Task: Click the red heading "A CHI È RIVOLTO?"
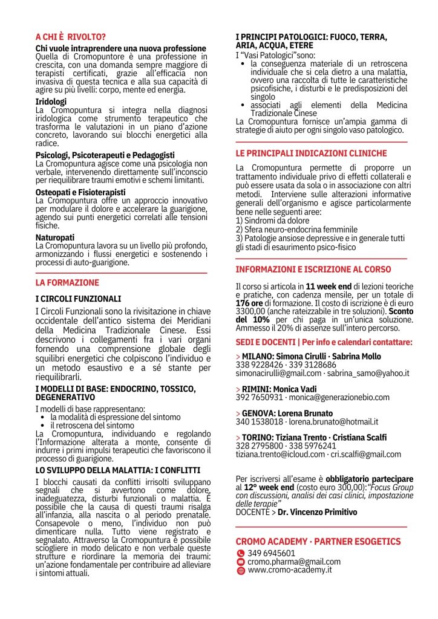[x=71, y=36]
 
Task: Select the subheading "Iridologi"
[x=51, y=102]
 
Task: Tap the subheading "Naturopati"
[x=55, y=238]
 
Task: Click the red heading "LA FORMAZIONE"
[x=67, y=282]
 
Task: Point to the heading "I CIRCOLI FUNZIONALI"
[x=79, y=299]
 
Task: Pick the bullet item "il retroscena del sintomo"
[x=93, y=426]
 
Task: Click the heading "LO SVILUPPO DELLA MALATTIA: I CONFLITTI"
[x=117, y=468]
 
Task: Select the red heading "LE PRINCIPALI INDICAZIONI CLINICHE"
[x=311, y=154]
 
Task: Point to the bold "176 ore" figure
[x=250, y=303]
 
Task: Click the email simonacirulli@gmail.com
[x=278, y=374]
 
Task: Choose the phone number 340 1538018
[x=261, y=421]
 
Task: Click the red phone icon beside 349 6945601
[x=241, y=553]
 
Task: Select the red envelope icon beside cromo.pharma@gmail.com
[x=241, y=562]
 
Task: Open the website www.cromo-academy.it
[x=290, y=570]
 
